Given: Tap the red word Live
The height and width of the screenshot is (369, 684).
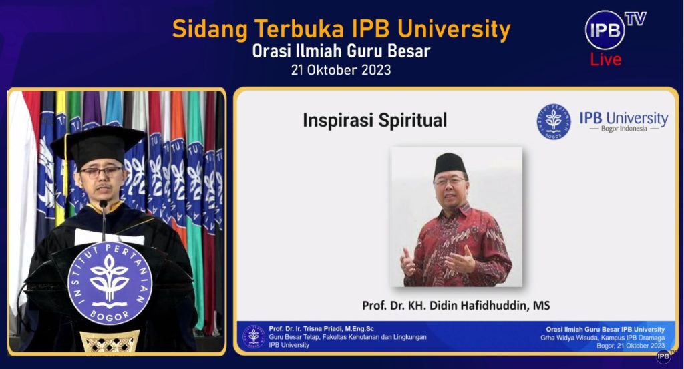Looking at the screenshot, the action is [605, 59].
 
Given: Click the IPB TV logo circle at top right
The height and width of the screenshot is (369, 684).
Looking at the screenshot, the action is [605, 30].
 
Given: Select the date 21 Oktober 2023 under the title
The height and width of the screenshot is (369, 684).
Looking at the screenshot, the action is [341, 69].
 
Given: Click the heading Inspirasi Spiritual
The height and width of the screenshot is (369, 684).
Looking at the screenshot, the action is [375, 120].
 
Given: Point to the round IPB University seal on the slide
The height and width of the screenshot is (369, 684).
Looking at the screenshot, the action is [553, 121].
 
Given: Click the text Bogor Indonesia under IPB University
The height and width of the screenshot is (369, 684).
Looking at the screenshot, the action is [624, 129].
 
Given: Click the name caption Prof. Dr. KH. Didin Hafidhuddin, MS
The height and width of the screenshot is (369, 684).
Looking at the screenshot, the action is [456, 305].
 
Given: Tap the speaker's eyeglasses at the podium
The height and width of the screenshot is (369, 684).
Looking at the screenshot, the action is [102, 172].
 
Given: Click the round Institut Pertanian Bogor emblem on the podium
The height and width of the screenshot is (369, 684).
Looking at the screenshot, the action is [110, 283].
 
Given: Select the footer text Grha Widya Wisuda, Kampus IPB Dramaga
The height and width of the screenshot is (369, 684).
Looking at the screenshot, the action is [603, 338].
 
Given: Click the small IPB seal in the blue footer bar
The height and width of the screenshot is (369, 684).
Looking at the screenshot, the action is [253, 337].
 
